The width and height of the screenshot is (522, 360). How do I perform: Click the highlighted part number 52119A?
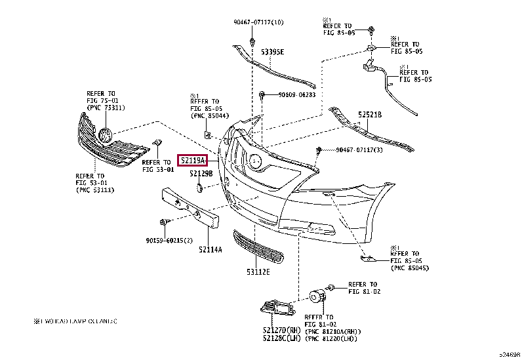pos(193,159)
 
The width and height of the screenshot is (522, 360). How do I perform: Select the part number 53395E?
pos(272,51)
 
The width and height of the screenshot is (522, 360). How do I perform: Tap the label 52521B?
pos(369,115)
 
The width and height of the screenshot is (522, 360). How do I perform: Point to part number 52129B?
pos(201,174)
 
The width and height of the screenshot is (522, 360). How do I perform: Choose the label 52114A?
pos(211,250)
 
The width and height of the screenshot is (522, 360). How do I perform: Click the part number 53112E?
pos(258,271)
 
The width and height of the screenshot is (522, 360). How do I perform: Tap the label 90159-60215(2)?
pos(169,240)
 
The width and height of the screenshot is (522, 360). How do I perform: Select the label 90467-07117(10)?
pos(258,22)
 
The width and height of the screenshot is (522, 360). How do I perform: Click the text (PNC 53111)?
pos(95,190)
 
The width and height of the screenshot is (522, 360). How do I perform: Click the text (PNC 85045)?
pos(411,268)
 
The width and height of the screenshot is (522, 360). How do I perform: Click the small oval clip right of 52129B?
pos(199,188)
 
